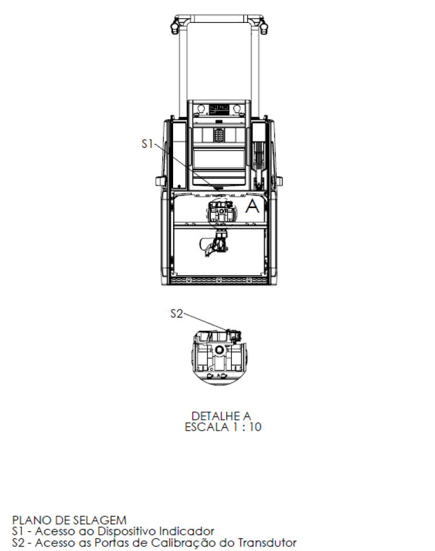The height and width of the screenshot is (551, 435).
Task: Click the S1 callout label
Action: (x=147, y=144)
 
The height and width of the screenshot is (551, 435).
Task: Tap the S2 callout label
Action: (x=177, y=314)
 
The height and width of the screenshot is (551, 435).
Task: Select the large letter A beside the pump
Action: (x=252, y=206)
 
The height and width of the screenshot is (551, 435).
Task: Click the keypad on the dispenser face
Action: (x=219, y=135)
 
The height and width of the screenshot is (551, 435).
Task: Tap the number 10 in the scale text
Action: (x=256, y=427)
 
